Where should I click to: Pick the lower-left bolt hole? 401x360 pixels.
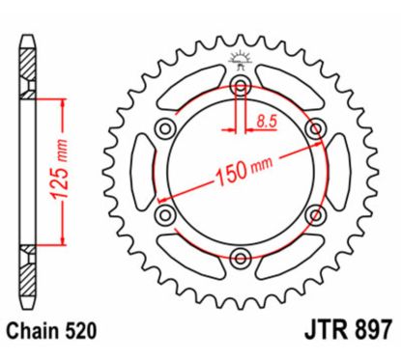[165, 214]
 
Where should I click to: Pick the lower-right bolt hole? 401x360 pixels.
[313, 214]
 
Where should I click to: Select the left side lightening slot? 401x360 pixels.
[141, 172]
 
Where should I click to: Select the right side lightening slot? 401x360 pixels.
[337, 172]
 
